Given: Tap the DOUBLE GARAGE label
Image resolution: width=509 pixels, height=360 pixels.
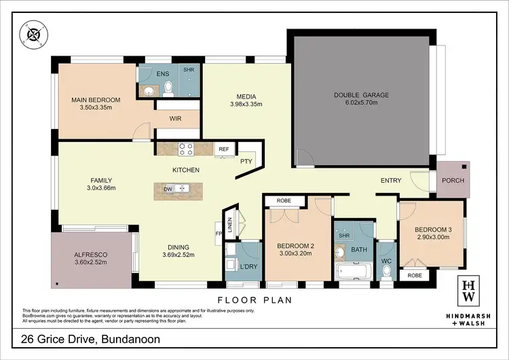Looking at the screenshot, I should pyautogui.click(x=361, y=95).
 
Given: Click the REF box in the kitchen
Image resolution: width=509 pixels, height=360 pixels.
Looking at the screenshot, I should pyautogui.click(x=223, y=149).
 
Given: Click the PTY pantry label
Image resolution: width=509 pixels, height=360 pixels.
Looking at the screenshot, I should pyautogui.click(x=246, y=161).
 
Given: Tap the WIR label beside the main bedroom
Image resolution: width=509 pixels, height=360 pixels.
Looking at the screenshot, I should pyautogui.click(x=176, y=118).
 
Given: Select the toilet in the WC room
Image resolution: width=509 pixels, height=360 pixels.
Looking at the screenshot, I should pyautogui.click(x=387, y=270).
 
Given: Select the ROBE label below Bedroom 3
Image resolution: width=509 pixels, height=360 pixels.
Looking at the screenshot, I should pyautogui.click(x=415, y=276).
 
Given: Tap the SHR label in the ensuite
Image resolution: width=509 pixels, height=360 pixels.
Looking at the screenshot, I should pyautogui.click(x=188, y=70).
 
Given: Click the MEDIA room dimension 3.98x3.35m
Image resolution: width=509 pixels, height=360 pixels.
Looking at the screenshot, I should pyautogui.click(x=245, y=105).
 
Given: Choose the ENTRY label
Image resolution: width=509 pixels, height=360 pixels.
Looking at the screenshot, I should pyautogui.click(x=390, y=181).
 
